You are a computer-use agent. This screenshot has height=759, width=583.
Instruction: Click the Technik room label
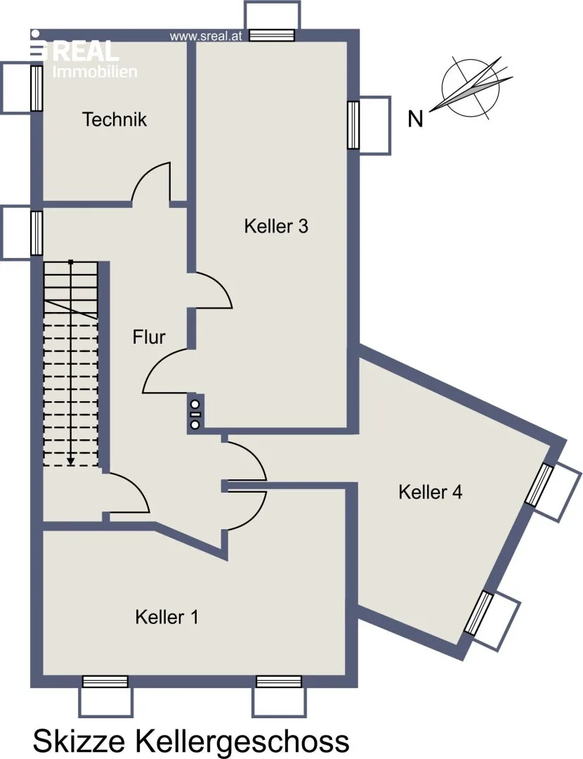click(114, 119)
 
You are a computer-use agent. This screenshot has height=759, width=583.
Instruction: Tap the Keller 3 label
click(276, 226)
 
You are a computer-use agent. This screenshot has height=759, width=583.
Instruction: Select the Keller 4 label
click(430, 492)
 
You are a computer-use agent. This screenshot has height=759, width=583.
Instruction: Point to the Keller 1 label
click(166, 617)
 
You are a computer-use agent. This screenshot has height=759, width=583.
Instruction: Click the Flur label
click(149, 337)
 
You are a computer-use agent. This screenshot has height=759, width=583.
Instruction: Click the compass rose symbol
click(471, 88)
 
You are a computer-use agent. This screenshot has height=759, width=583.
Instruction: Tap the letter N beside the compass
click(415, 119)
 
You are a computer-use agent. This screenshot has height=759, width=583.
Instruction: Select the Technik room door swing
click(151, 181)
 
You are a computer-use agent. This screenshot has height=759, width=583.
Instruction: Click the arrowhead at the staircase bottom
click(71, 462)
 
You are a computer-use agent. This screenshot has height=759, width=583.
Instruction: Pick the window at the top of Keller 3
click(272, 35)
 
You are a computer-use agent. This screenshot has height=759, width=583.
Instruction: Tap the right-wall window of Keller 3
click(354, 125)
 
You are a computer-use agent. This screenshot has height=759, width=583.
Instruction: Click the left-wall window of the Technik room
click(37, 88)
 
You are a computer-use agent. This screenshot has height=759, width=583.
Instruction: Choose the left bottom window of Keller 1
click(105, 682)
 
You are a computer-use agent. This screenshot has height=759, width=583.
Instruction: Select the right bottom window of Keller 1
click(279, 682)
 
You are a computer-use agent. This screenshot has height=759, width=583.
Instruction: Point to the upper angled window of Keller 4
click(539, 485)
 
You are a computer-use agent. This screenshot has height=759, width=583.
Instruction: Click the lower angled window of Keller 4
click(478, 614)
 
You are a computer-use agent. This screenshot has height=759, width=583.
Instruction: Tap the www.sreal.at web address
click(206, 37)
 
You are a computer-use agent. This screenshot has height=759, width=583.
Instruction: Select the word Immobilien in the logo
click(95, 72)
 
